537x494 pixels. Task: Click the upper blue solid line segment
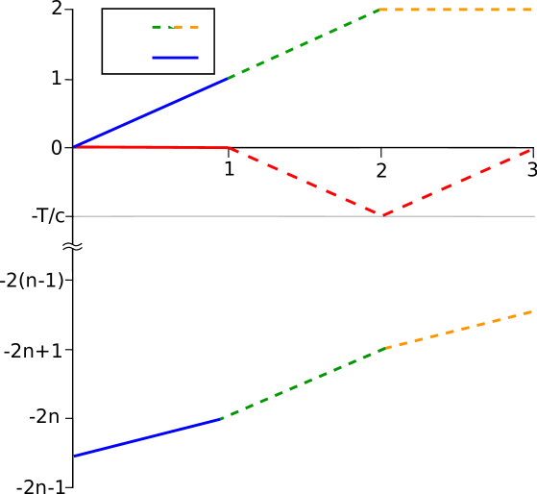152,111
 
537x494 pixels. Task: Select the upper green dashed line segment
305,43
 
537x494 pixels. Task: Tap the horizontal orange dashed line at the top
457,10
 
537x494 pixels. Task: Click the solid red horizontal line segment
152,147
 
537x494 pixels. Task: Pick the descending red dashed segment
305,182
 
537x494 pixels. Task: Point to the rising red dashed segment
457,183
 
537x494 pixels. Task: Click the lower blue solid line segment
149,437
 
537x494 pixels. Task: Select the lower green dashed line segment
304,384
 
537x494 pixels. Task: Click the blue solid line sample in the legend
175,58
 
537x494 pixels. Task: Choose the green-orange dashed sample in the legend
175,27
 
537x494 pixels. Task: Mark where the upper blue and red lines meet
75,147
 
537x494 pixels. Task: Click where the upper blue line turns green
230,77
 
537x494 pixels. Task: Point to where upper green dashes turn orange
381,10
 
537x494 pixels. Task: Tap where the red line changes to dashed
229,148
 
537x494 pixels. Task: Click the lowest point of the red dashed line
383,215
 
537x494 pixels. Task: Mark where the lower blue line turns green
223,418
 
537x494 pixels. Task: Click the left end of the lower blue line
75,456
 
